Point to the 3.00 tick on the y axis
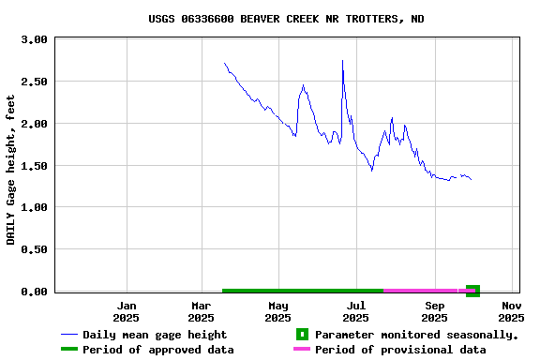tap(34, 40)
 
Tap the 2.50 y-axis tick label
tap(34, 82)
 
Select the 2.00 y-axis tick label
tap(34, 124)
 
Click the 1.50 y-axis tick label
tap(34, 166)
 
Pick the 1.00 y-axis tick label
tap(34, 207)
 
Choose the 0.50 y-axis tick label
tap(34, 249)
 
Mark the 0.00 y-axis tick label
tap(34, 292)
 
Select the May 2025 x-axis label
tap(278, 311)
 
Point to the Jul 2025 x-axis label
tap(355, 311)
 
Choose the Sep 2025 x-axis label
tap(434, 311)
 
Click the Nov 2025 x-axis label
tap(511, 311)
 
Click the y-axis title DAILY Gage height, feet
tap(11, 169)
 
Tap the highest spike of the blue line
tap(342, 61)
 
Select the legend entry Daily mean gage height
tap(154, 335)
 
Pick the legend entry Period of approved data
tap(157, 350)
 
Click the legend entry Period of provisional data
tap(400, 350)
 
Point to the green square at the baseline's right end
tap(472, 291)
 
